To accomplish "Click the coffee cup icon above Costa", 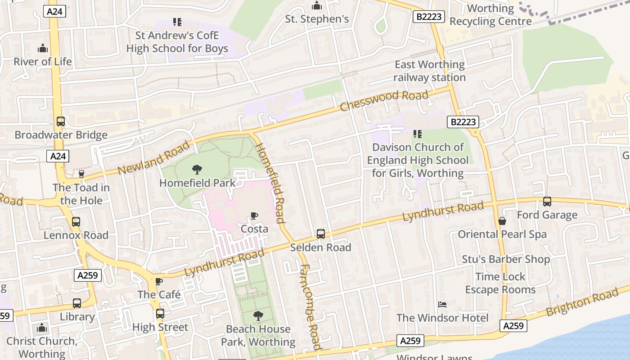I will click(x=254, y=216).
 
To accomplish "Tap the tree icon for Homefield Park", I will click(x=197, y=170).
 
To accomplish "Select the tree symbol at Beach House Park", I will click(x=258, y=316).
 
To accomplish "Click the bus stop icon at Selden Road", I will click(x=321, y=234).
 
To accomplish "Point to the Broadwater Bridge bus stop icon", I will click(x=61, y=121).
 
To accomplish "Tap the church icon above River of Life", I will click(x=43, y=48).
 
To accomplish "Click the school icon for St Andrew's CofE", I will click(x=177, y=22).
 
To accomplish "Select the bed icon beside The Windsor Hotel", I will click(x=442, y=305).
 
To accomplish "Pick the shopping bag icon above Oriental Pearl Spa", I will click(x=502, y=221).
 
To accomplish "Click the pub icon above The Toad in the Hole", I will click(x=81, y=174).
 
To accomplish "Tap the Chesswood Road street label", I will click(x=384, y=100).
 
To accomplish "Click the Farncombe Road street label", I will click(x=310, y=306).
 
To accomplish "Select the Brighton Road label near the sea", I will click(x=582, y=302).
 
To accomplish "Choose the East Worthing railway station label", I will click(x=429, y=71).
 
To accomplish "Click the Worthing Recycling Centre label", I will click(x=490, y=15).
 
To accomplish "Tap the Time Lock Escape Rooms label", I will click(x=500, y=283).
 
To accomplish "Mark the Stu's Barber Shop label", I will click(x=506, y=259).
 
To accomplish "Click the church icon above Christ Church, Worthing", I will click(x=42, y=328).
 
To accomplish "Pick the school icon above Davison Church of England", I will click(x=417, y=134).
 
